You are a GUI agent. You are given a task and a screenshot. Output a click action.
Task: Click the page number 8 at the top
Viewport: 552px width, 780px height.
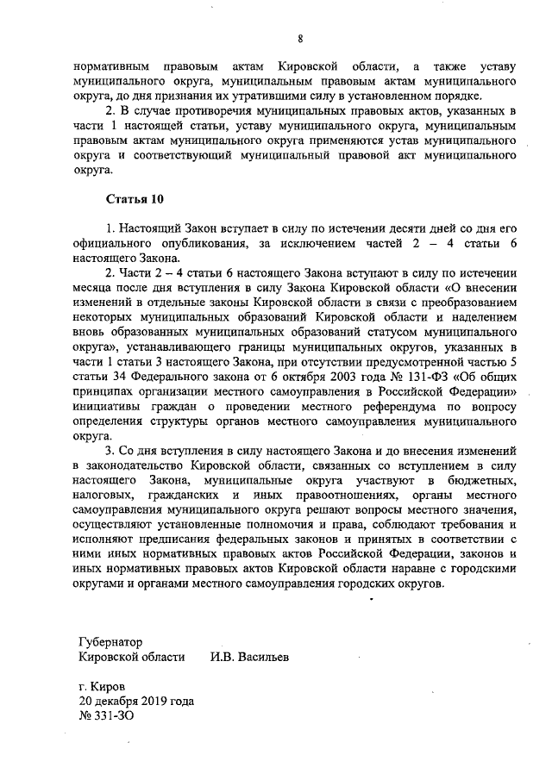coord(300,39)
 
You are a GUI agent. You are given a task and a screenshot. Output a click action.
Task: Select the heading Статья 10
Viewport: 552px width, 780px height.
coord(134,200)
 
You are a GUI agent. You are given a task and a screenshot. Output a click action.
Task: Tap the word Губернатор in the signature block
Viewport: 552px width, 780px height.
coord(109,642)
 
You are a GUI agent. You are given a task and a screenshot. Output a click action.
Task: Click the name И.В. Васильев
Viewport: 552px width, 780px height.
coord(250,657)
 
